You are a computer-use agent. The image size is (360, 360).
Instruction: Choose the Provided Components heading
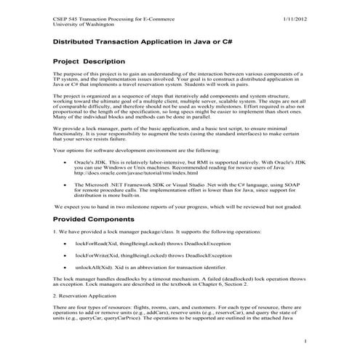[x=94, y=217]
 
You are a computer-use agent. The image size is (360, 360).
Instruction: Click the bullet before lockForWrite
[x=67, y=255]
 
